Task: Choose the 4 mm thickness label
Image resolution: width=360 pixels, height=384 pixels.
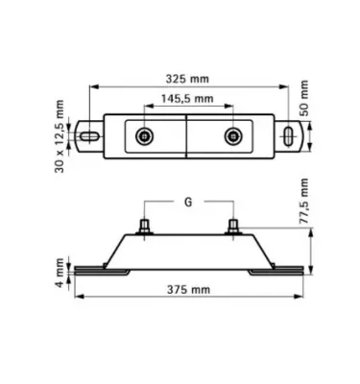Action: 59,272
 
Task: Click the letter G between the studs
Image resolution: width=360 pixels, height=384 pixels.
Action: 187,203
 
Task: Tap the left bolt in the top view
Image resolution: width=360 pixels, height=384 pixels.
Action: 144,136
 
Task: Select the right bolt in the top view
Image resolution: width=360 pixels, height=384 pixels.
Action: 231,136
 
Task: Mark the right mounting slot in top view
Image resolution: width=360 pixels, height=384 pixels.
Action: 289,136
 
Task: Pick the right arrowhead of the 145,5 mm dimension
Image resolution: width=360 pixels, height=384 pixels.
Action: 228,108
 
